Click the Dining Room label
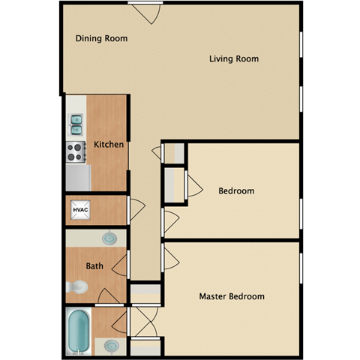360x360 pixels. coord(102,38)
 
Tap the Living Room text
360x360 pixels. coord(234,58)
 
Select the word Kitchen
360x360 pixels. coord(109,145)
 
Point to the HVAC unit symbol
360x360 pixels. coord(80,210)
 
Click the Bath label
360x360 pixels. coord(94,265)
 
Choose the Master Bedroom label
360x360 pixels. coord(232,296)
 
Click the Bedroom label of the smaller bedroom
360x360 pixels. coord(236,191)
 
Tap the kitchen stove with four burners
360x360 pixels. coord(76,152)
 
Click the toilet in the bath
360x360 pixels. coord(76,286)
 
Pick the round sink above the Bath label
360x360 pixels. coord(109,238)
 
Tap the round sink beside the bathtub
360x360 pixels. coord(111,346)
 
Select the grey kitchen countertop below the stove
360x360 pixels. coord(78,177)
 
